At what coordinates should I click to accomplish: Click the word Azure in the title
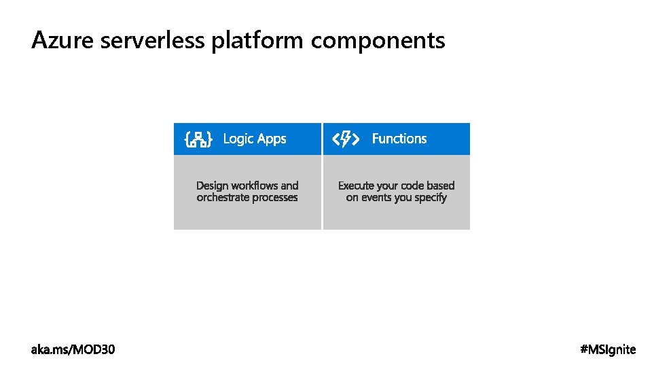pyautogui.click(x=63, y=41)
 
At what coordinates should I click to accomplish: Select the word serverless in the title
pyautogui.click(x=152, y=41)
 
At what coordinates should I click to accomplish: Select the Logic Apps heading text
pyautogui.click(x=255, y=139)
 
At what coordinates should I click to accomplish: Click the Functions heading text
pyautogui.click(x=399, y=139)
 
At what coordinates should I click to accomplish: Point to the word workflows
pyautogui.click(x=255, y=186)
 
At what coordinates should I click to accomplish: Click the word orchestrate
pyautogui.click(x=222, y=198)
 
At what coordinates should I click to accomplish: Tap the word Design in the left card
pyautogui.click(x=212, y=186)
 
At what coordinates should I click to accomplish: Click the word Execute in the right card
pyautogui.click(x=356, y=186)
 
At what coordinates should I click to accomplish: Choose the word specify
pyautogui.click(x=431, y=198)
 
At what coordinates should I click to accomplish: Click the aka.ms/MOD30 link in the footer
pyautogui.click(x=73, y=350)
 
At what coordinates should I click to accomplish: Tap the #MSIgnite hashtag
pyautogui.click(x=609, y=350)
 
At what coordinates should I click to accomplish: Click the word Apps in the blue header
pyautogui.click(x=272, y=139)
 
